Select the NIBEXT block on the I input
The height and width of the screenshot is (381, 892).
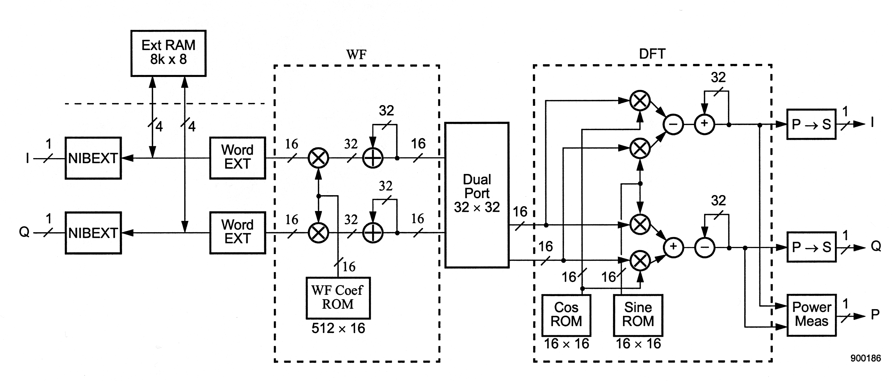point(93,158)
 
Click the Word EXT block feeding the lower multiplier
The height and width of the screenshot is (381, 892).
point(238,233)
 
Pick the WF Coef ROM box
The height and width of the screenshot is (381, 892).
point(338,298)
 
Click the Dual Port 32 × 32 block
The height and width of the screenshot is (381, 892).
point(477,195)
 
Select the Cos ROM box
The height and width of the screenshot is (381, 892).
point(566,315)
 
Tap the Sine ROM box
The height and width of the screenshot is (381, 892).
point(638,315)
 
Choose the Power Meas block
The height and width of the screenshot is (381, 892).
point(811,315)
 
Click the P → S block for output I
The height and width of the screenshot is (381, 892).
point(811,124)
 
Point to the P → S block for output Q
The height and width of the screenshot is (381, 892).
point(811,247)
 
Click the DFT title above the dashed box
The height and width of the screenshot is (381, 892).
point(652,54)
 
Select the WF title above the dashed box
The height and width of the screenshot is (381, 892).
point(356,55)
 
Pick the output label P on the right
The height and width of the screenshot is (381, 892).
point(875,315)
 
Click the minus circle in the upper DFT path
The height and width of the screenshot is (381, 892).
point(673,124)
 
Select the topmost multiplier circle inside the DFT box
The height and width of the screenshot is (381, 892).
point(640,100)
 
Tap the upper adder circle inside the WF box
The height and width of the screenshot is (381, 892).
point(373,158)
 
